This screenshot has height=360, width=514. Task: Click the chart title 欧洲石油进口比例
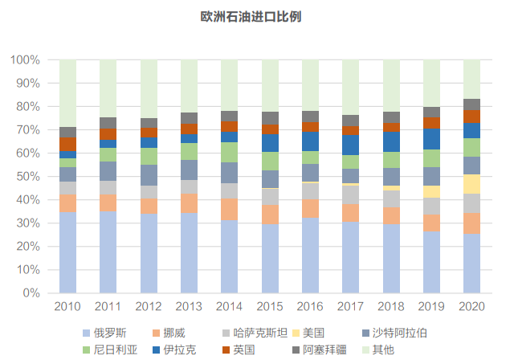click(x=257, y=16)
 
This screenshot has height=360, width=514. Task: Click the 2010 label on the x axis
click(x=67, y=307)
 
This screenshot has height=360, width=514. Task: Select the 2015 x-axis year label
click(x=270, y=307)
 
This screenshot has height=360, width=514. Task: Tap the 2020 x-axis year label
click(x=472, y=307)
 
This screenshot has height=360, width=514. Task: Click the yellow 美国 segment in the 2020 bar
click(x=472, y=184)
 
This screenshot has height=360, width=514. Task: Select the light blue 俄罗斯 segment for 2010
click(x=67, y=252)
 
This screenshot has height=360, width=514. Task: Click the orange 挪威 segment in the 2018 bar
click(x=391, y=215)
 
